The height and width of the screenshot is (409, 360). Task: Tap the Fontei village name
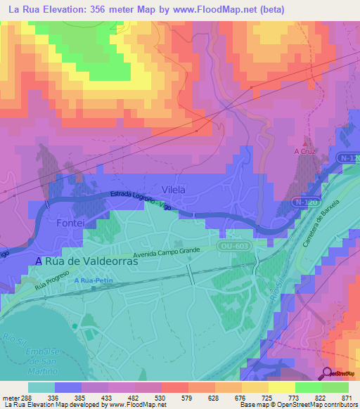point(70,222)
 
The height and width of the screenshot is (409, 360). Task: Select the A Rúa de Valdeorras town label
point(86,260)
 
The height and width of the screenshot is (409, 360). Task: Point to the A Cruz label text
point(304,151)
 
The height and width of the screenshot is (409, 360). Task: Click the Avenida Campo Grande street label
point(167,252)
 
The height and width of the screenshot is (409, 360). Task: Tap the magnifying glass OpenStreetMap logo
point(327,373)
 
